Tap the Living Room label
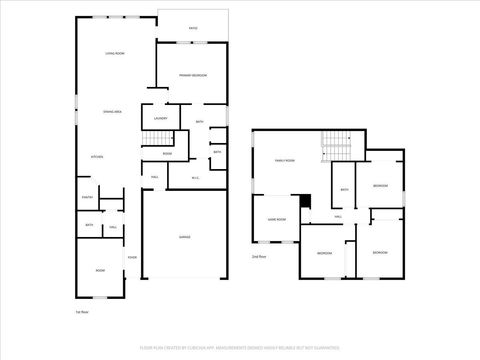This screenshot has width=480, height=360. [x=115, y=52]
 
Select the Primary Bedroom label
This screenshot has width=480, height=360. [x=193, y=76]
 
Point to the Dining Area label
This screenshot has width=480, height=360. [x=111, y=112]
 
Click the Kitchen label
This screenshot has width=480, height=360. [x=98, y=157]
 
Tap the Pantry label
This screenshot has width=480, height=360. [x=87, y=197]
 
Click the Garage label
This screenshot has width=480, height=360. [x=185, y=237]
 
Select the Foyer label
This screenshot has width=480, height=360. [x=131, y=258]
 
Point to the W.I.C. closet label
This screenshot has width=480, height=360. [x=196, y=177]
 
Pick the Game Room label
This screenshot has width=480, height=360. [x=276, y=219]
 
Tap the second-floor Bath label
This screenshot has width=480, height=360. [x=344, y=190]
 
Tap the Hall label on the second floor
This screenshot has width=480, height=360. [x=338, y=216]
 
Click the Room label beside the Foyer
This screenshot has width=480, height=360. [x=100, y=270]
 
